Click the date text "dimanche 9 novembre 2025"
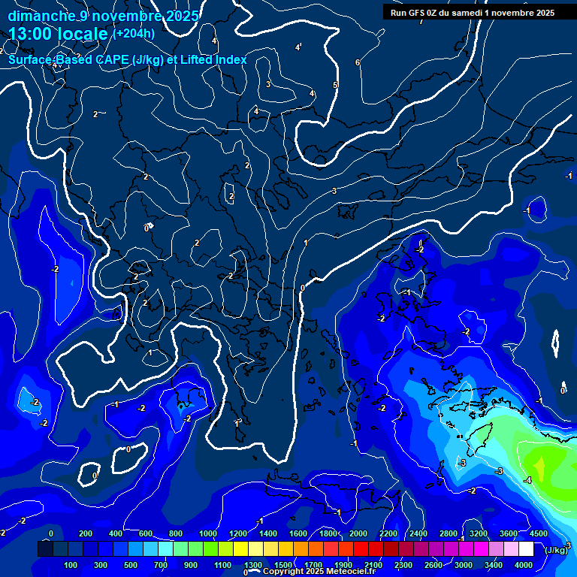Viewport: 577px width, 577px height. click(103, 16)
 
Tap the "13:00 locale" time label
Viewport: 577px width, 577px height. click(59, 33)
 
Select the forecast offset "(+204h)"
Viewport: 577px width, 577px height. click(134, 33)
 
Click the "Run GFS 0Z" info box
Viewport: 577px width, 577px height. click(472, 12)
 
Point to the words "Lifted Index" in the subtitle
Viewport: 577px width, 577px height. click(213, 59)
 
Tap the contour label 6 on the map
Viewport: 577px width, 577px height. click(358, 62)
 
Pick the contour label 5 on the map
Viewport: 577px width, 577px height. click(335, 85)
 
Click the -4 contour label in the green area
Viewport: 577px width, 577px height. click(527, 479)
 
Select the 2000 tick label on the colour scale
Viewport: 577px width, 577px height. click(358, 533)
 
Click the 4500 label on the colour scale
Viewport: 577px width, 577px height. click(537, 533)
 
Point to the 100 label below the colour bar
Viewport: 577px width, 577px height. click(71, 564)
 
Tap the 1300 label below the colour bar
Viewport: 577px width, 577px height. click(253, 564)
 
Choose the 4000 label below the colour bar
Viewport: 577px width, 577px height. click(524, 564)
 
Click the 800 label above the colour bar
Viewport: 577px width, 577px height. click(176, 533)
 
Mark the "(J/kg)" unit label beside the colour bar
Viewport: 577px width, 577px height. click(556, 550)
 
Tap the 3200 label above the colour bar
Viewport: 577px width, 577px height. click(479, 533)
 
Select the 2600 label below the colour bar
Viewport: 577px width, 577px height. click(434, 564)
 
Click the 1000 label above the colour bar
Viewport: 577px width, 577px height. click(207, 533)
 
